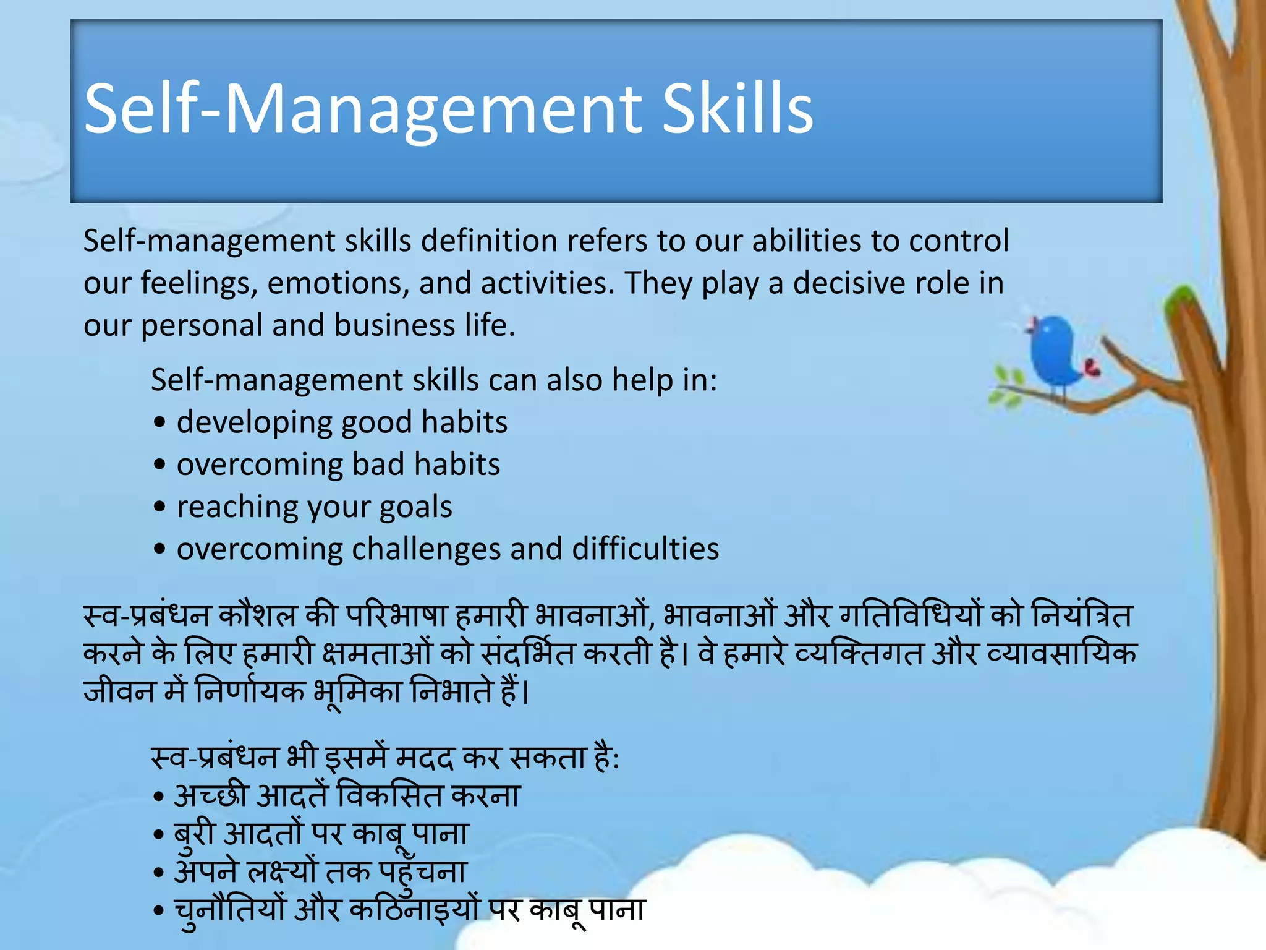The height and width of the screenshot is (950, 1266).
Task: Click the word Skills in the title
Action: [737, 109]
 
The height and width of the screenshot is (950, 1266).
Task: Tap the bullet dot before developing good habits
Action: [160, 423]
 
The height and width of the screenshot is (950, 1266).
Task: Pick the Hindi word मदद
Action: [424, 758]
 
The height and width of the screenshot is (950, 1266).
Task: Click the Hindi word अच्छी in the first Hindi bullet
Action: [211, 796]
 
